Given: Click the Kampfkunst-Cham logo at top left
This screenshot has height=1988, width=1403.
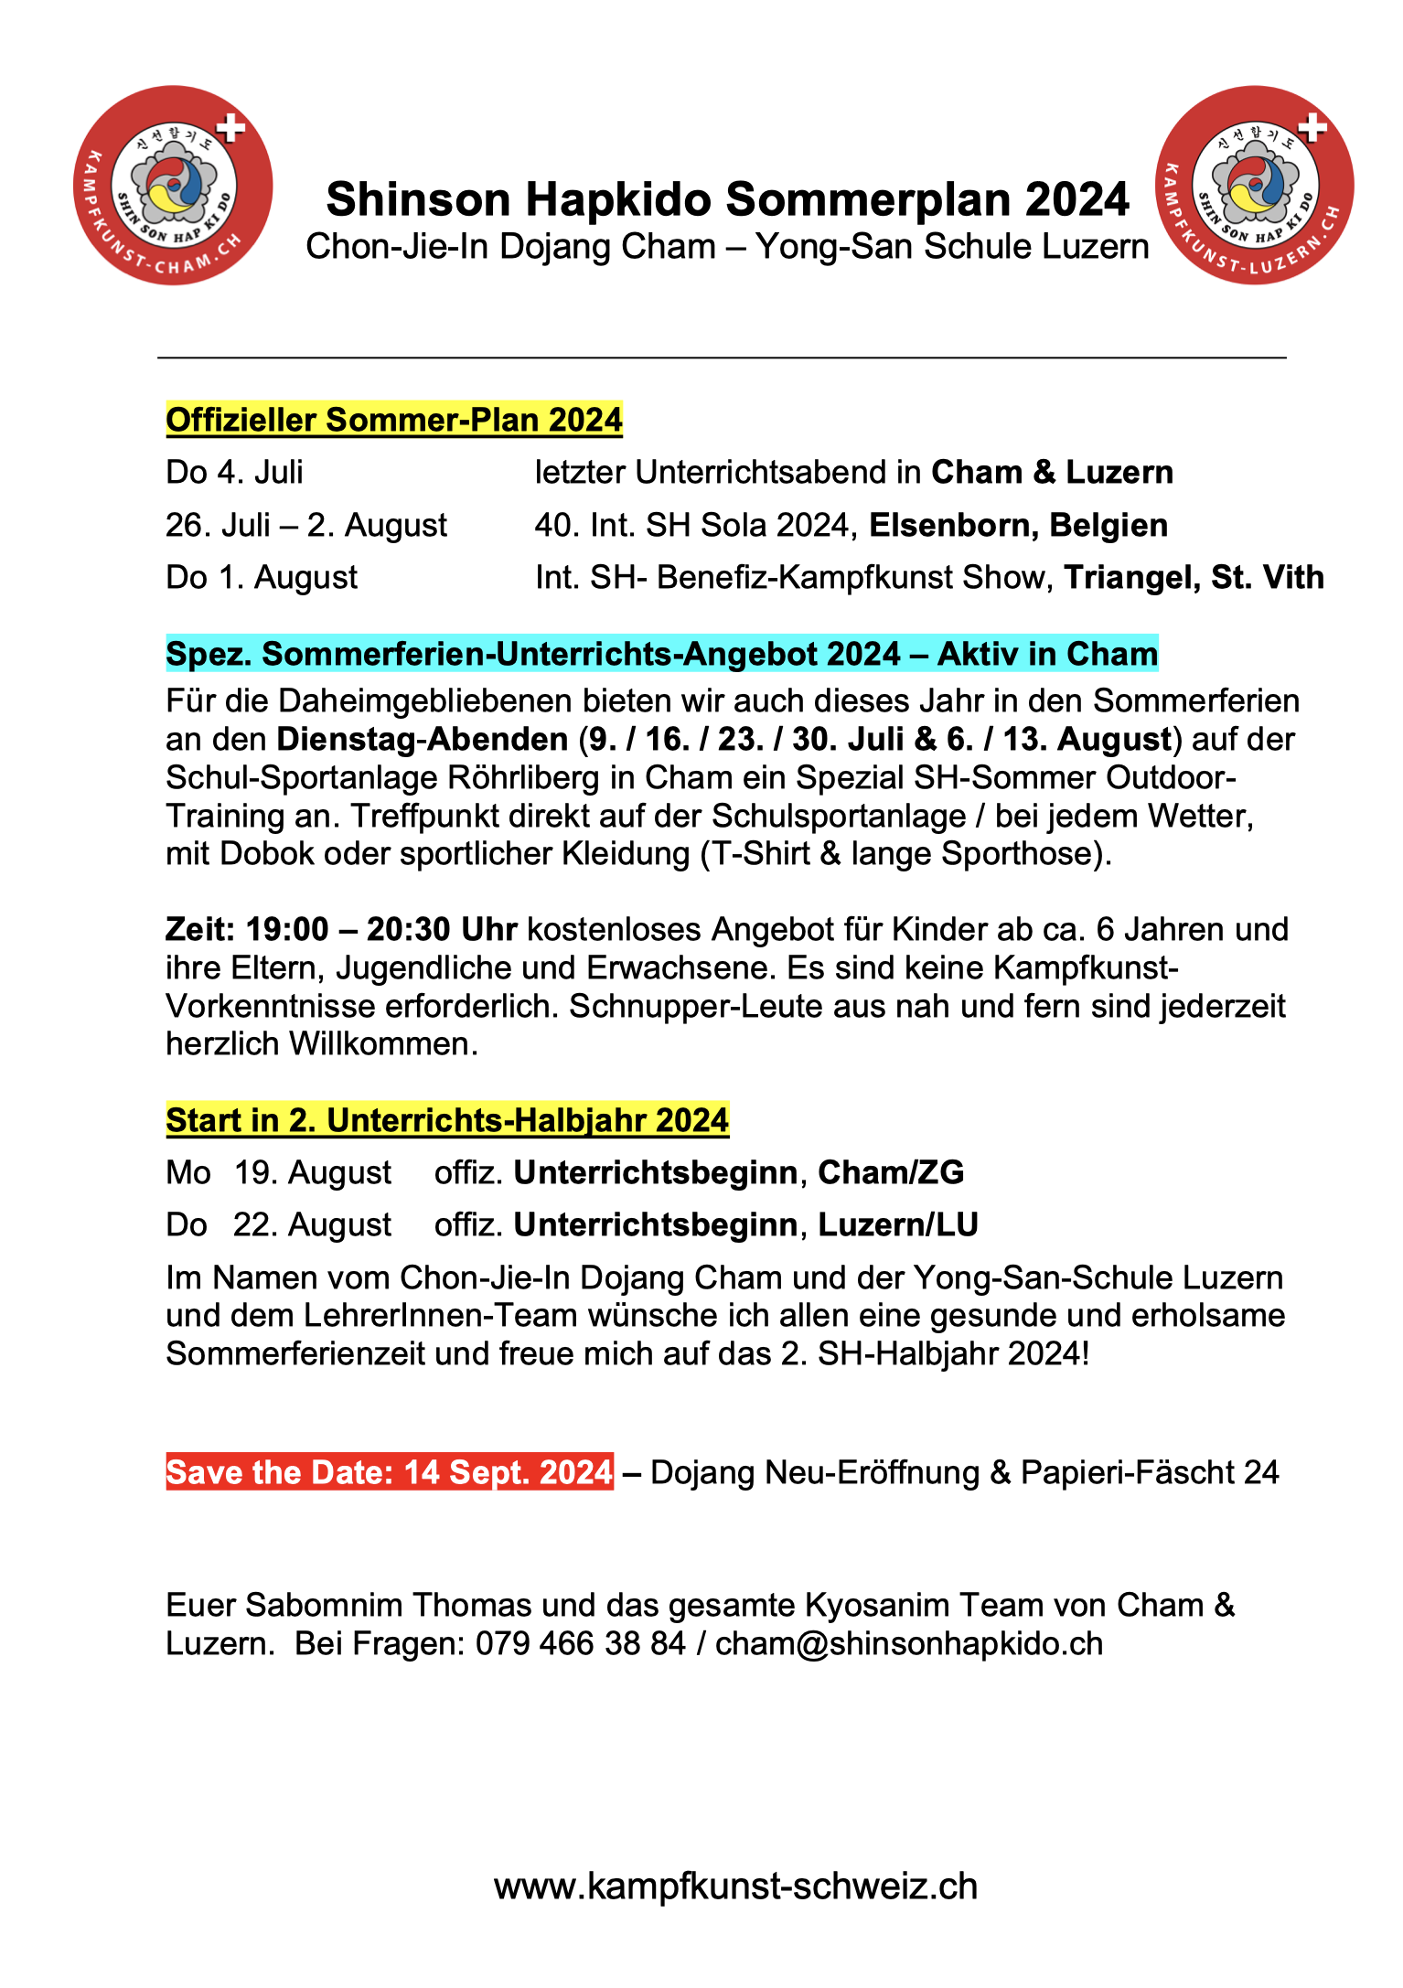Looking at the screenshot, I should coord(173,186).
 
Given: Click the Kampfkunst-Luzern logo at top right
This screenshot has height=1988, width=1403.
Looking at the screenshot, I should coord(1255,186).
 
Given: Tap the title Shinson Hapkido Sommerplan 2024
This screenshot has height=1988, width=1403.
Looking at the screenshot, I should coord(727,199).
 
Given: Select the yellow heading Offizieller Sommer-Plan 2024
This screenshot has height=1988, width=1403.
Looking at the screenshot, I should coord(393,420).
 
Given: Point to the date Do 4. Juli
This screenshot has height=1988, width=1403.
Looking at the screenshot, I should coord(234,473).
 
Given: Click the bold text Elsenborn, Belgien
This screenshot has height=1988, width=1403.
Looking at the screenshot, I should coord(1018,526).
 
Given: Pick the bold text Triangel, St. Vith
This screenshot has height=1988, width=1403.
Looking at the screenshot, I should coord(1194,578).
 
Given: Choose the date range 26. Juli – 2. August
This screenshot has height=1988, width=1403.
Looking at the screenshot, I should coord(306,526).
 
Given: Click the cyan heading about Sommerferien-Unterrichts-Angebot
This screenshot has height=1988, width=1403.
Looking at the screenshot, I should coord(661,655).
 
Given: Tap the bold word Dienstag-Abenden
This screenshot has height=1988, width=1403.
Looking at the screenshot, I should coord(423,739).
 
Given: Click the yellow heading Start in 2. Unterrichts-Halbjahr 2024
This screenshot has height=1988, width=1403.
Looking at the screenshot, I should coord(447,1120).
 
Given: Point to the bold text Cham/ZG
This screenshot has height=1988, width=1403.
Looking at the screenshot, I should coord(891,1172).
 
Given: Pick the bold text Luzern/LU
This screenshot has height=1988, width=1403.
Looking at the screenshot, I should coord(898,1224).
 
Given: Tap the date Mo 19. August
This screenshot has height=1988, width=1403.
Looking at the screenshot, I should coord(278,1172).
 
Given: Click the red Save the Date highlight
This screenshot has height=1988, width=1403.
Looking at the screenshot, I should coord(390,1472).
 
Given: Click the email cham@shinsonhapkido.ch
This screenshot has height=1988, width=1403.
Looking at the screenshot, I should coord(909,1643).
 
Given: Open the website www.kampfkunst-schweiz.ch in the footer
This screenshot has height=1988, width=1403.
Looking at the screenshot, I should coord(735,1886).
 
